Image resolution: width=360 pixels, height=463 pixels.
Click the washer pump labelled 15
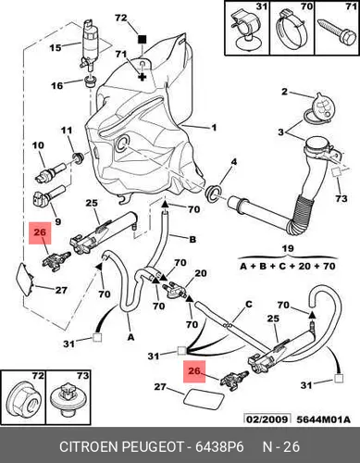coord(89,44)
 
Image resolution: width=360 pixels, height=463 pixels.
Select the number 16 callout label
coord(57,85)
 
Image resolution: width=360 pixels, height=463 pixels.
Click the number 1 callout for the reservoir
coord(214,127)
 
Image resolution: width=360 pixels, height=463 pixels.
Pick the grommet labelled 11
coord(78,157)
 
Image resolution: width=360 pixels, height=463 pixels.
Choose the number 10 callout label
coord(38,145)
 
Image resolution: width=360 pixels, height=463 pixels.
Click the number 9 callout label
coord(57,221)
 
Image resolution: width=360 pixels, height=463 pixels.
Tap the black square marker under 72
coord(142,39)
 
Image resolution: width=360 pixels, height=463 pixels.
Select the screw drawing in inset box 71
coord(336,33)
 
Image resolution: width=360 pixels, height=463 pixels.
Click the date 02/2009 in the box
coord(267,419)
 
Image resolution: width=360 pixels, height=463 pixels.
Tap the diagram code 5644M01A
coord(324,419)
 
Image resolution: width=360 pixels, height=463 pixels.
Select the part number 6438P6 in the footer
coord(219,446)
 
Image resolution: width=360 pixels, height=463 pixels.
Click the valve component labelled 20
coord(175,289)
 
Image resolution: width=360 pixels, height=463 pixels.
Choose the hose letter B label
coord(192,239)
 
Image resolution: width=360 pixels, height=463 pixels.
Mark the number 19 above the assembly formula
coord(288,248)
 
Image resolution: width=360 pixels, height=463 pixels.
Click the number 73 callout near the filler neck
coord(341,198)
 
